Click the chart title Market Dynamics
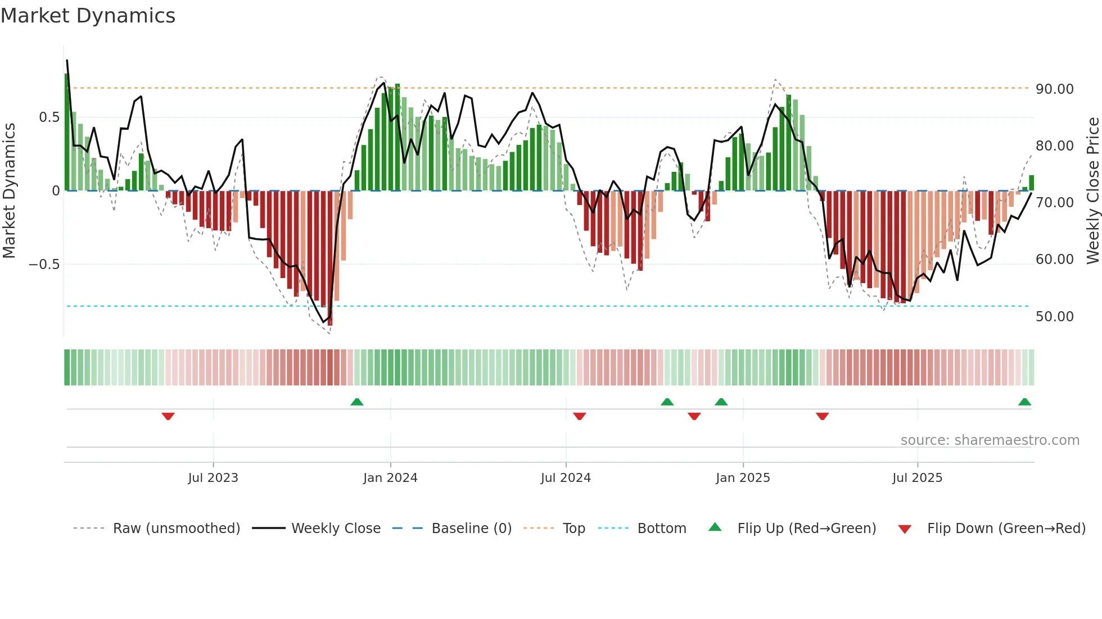[x=88, y=16]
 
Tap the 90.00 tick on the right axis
[x=1054, y=89]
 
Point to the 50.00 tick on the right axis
[x=1054, y=317]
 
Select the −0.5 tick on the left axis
[x=44, y=265]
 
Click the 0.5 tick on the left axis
[x=49, y=117]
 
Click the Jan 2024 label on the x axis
[x=390, y=478]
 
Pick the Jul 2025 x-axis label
[x=917, y=478]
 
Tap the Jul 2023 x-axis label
[x=213, y=478]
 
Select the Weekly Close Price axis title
[x=1092, y=190]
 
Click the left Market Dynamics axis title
[x=9, y=190]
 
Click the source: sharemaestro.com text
[x=990, y=440]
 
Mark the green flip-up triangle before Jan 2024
[x=356, y=402]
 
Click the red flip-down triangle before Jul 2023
[x=168, y=416]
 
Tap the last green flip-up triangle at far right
[x=1024, y=402]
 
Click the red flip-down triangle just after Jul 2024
[x=580, y=416]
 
